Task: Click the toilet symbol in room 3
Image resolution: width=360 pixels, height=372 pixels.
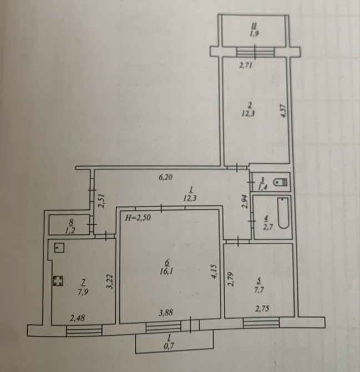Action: pos(280,182)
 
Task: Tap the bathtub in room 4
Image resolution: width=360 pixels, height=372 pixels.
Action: pos(283,213)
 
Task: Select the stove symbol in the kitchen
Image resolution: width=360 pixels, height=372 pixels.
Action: pos(58,280)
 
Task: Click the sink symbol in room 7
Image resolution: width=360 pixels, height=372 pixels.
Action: pos(59,248)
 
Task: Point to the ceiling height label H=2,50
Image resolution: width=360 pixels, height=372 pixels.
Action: pos(138,217)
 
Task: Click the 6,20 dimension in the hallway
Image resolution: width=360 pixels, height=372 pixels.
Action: pos(165,177)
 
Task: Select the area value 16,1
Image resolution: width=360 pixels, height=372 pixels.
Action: pos(166,271)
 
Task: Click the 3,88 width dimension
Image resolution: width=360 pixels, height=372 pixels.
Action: pos(165,313)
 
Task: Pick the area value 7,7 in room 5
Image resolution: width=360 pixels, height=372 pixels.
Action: pos(259,290)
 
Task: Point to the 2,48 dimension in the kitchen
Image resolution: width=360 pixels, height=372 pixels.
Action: pos(78,318)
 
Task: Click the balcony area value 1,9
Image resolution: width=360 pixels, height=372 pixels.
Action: pos(254,33)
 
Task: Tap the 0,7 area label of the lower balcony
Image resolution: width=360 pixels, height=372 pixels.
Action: pos(169,346)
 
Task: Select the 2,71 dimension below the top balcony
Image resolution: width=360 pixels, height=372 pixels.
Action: pos(245,66)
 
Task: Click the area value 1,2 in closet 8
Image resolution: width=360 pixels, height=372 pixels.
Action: pos(70,230)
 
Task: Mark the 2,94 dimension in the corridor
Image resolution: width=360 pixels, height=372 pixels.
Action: pos(245,202)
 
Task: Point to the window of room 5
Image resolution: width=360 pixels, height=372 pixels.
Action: pos(261,323)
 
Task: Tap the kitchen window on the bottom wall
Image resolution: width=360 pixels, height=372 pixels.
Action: pos(84,330)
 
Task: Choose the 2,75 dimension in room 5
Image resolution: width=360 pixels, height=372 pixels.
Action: pos(262,308)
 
